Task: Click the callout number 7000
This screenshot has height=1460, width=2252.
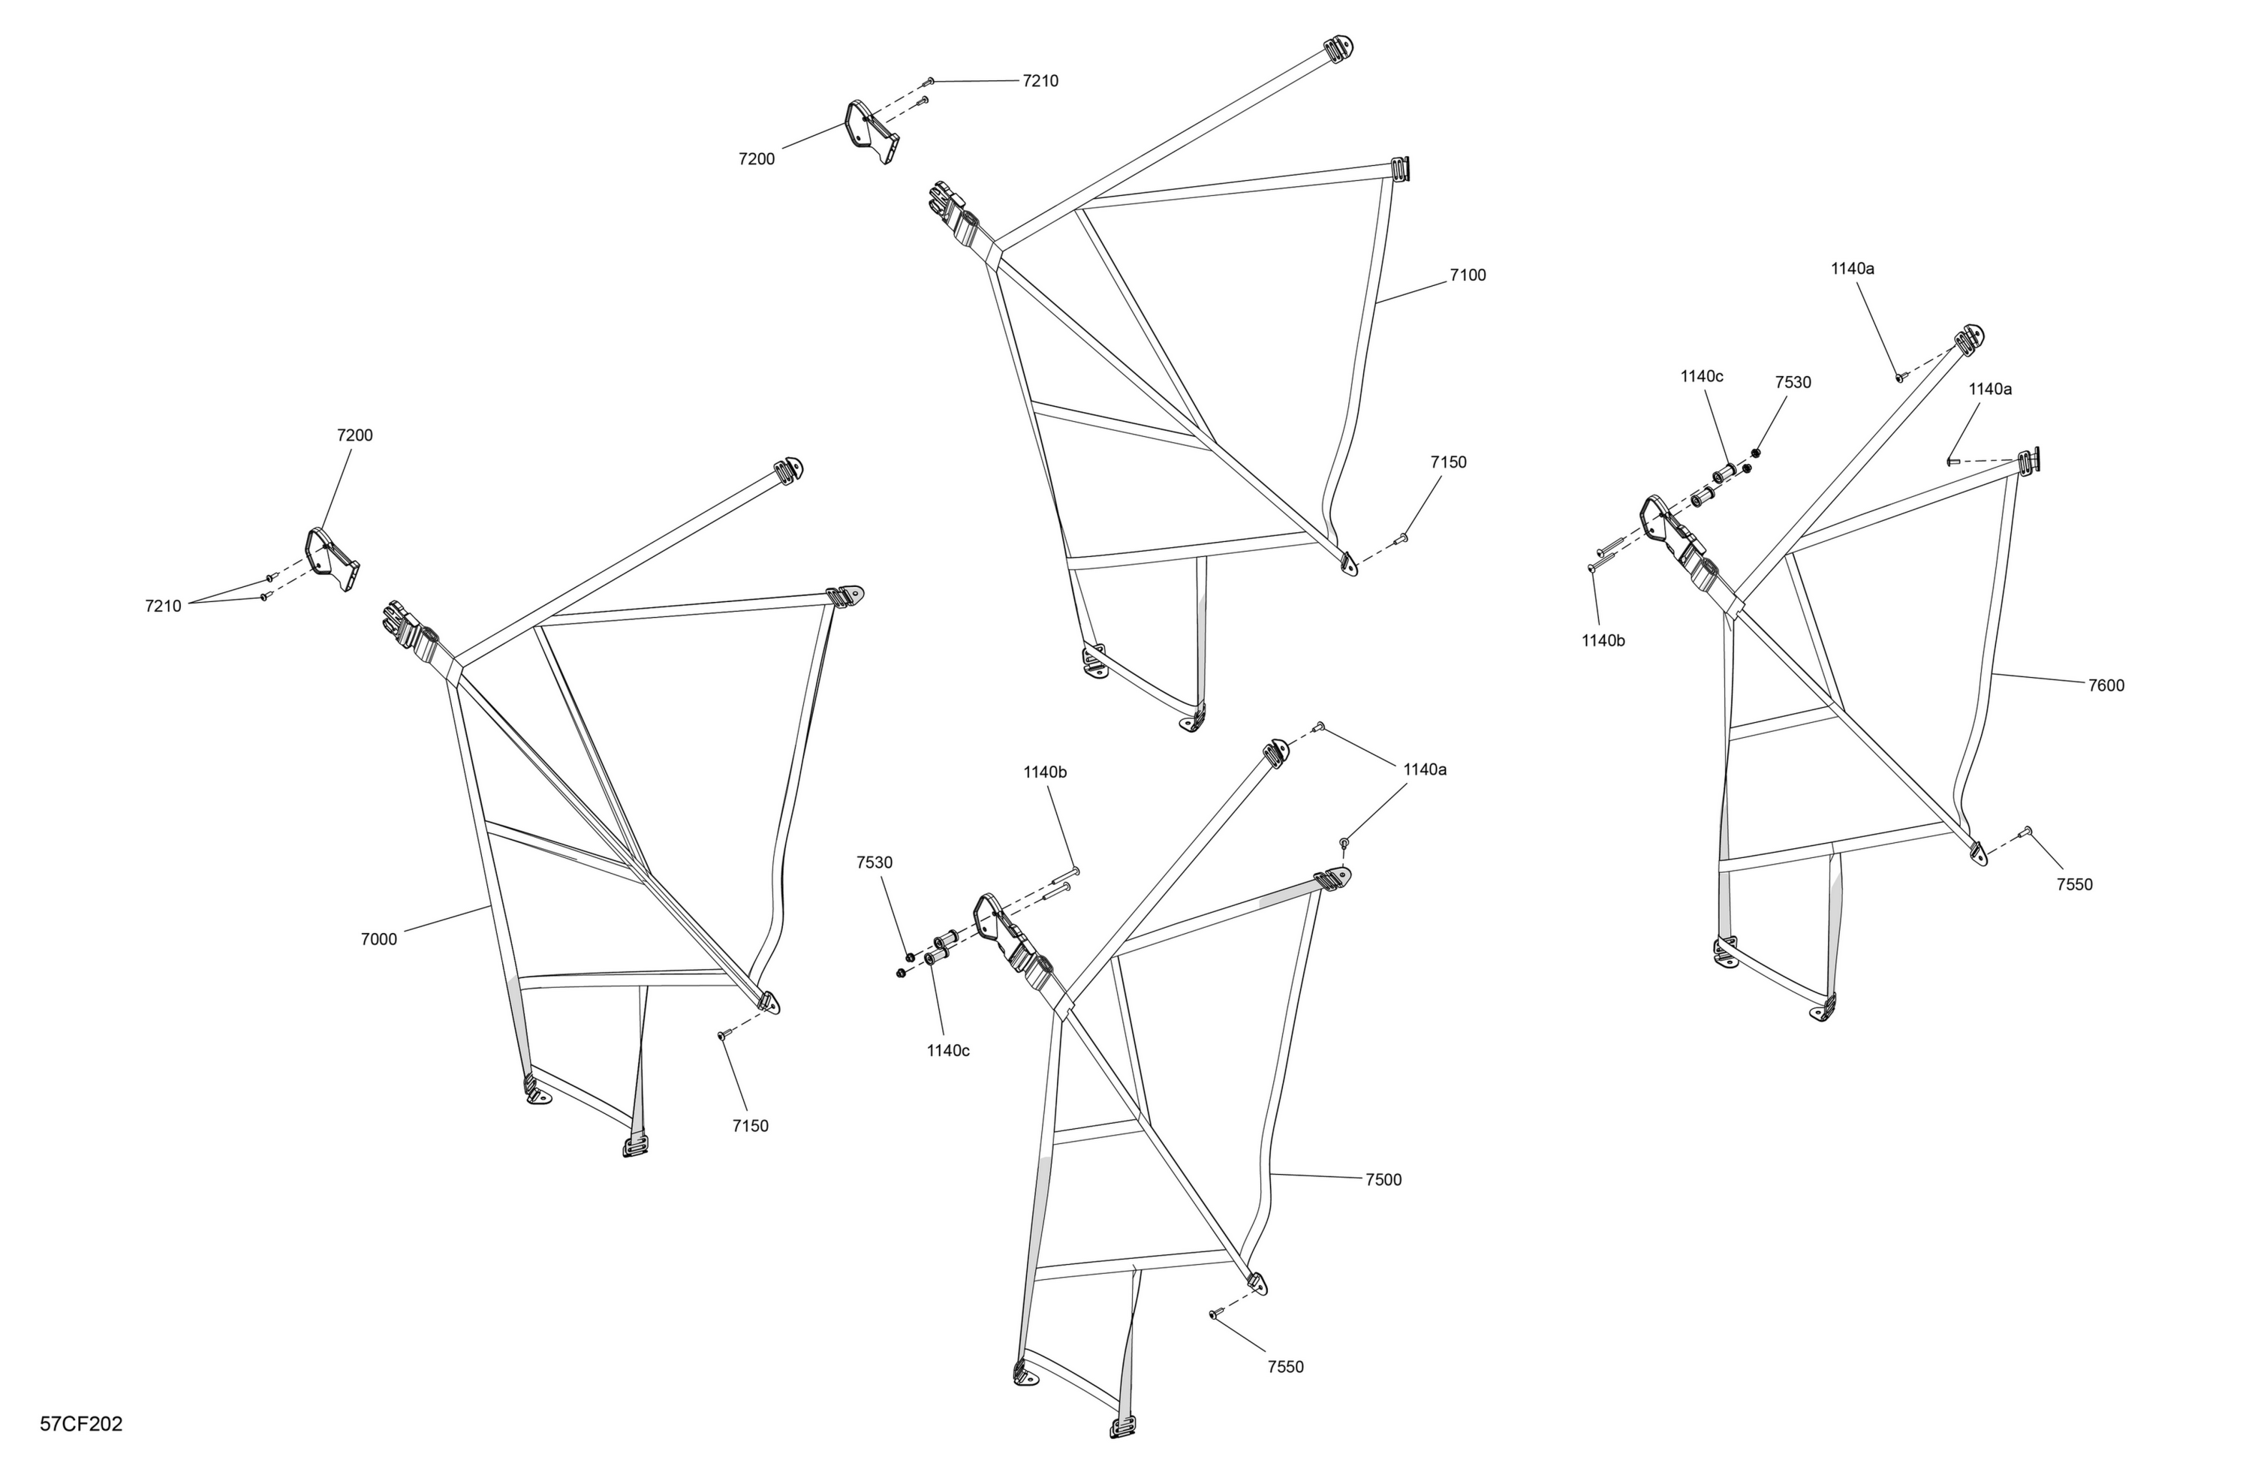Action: click(x=378, y=940)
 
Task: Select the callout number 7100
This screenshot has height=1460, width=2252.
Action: click(x=1468, y=275)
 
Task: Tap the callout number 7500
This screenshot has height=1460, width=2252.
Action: click(x=1383, y=1180)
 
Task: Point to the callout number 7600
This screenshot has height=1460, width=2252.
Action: click(x=2106, y=686)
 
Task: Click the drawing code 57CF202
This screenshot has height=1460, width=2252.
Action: click(x=81, y=1425)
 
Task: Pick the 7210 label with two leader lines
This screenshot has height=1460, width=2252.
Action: click(x=163, y=607)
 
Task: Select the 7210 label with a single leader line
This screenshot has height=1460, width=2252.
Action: click(x=1041, y=81)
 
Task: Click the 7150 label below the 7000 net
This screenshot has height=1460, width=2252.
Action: click(x=751, y=1126)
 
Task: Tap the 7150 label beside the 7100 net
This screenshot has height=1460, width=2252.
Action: click(x=1449, y=462)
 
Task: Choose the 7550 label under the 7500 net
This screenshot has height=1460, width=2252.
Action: click(x=1286, y=1367)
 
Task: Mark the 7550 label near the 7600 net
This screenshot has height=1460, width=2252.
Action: click(x=2075, y=885)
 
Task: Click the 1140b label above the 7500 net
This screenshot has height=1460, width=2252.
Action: click(x=1045, y=772)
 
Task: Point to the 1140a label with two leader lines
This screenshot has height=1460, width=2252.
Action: click(x=1425, y=770)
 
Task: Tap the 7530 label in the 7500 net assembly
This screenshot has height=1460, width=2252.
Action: click(x=875, y=863)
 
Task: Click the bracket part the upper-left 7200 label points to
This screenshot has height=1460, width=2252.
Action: click(x=332, y=559)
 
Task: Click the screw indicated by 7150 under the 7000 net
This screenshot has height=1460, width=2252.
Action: click(x=723, y=1036)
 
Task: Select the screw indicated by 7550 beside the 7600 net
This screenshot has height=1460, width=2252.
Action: click(x=2026, y=831)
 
